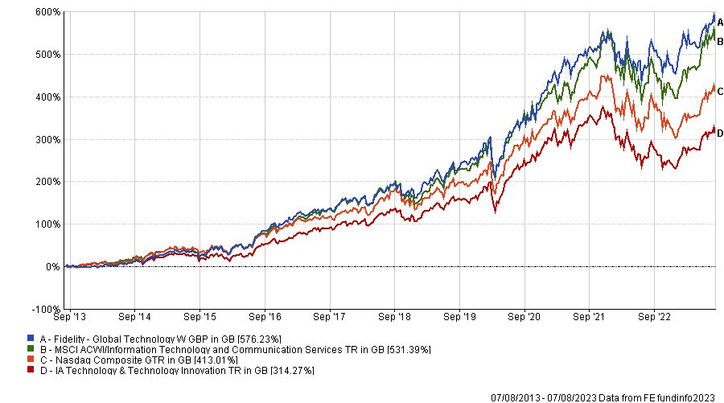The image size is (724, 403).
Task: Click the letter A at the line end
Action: pyautogui.click(x=720, y=23)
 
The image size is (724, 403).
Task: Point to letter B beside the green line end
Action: pyautogui.click(x=720, y=41)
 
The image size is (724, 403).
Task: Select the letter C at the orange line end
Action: pyautogui.click(x=720, y=91)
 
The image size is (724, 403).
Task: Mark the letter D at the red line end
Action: pyautogui.click(x=720, y=133)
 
